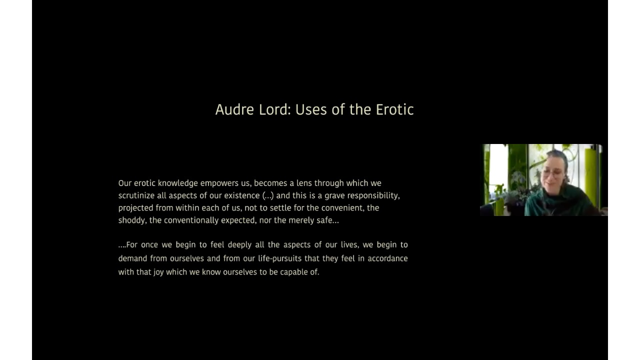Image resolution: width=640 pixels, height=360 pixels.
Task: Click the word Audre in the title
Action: tap(234, 109)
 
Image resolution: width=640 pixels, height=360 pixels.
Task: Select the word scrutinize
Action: tap(136, 195)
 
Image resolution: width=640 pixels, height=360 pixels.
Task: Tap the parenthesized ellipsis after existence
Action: tap(268, 195)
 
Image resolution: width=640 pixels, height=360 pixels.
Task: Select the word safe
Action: tap(332, 220)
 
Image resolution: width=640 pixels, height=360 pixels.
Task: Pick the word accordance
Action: tap(387, 258)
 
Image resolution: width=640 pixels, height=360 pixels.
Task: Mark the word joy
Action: tap(158, 272)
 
